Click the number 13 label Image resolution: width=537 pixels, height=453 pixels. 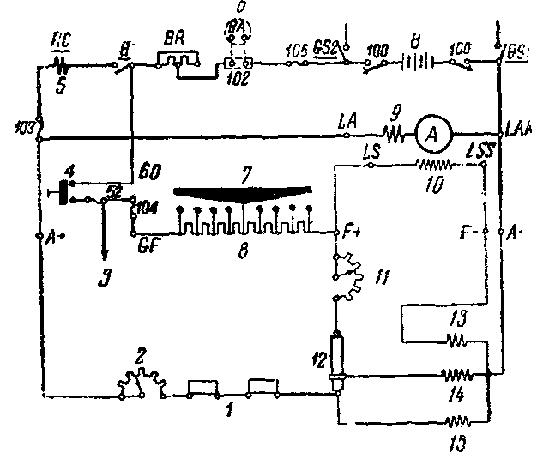pyautogui.click(x=457, y=318)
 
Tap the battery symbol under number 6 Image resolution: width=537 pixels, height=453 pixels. pyautogui.click(x=418, y=63)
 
